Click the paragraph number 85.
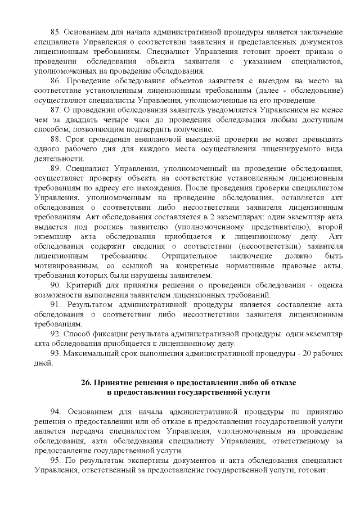(56, 32)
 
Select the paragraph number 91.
(56, 304)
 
